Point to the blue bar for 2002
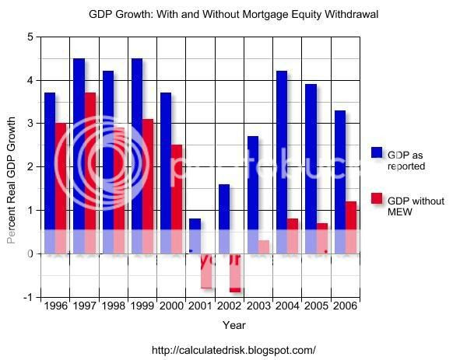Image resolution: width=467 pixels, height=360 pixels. click(223, 218)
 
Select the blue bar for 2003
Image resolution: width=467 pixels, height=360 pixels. click(252, 194)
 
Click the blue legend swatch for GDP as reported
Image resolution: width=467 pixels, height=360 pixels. click(377, 153)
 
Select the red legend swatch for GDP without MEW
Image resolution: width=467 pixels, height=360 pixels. click(377, 199)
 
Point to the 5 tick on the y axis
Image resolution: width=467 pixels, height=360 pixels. click(30, 37)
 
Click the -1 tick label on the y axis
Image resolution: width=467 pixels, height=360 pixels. click(28, 297)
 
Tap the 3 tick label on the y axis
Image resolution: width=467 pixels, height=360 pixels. click(30, 124)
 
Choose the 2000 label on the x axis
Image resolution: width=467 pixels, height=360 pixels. click(170, 307)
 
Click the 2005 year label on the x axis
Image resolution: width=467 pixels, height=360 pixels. click(316, 307)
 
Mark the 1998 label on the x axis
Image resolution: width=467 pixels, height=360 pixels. click(113, 307)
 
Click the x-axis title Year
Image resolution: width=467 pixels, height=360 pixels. click(233, 324)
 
